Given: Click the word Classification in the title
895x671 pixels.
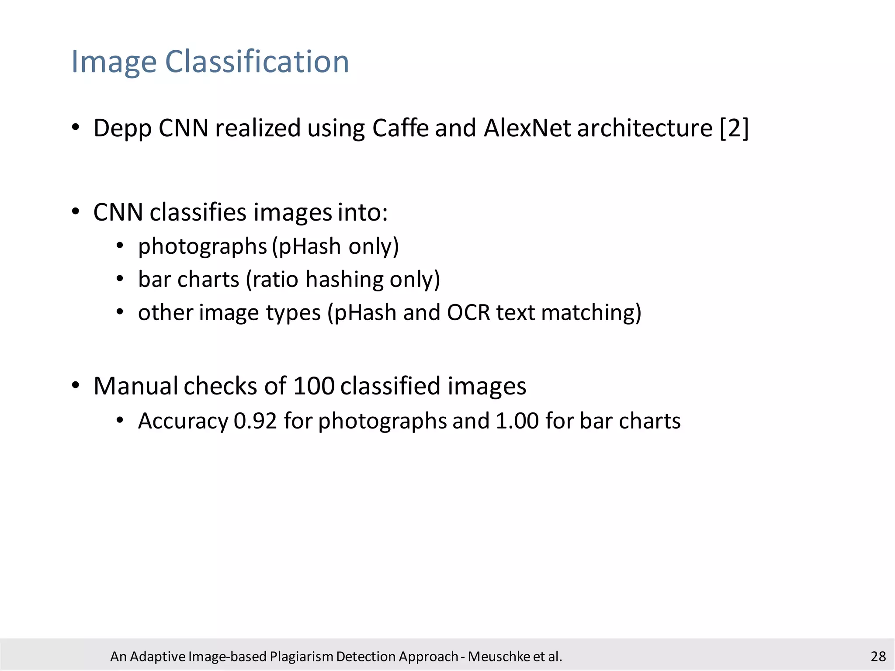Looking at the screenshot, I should click(x=257, y=62).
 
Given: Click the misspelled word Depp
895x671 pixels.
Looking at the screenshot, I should click(x=122, y=128).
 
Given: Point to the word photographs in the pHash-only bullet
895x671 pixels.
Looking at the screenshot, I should click(x=202, y=247).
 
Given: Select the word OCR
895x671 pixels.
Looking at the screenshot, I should click(x=468, y=313).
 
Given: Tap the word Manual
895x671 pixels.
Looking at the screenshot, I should click(x=135, y=386).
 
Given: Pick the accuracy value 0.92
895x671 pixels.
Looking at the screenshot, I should click(x=255, y=421).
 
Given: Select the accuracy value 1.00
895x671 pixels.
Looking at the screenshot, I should click(x=517, y=421).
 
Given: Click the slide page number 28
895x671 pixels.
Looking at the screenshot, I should click(x=878, y=657).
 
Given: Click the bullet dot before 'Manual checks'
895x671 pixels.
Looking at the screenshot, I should click(x=76, y=385).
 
